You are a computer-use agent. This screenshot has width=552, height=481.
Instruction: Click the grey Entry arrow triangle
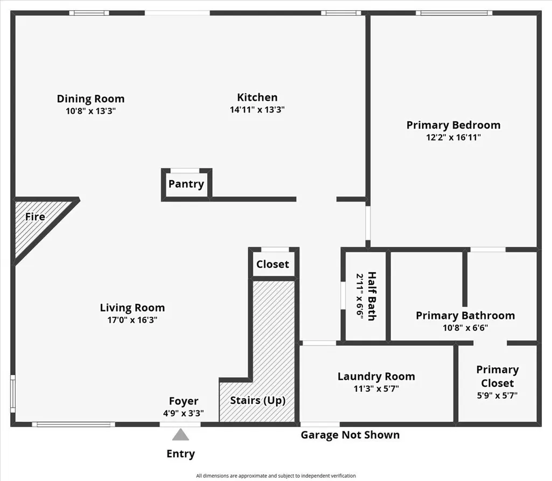180,435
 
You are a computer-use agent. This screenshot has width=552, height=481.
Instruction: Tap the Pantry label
186,184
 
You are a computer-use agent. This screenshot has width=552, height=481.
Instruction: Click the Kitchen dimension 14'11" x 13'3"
257,109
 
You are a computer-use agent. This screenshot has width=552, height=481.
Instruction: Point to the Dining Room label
91,99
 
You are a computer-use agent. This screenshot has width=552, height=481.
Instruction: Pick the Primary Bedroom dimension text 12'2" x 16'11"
453,137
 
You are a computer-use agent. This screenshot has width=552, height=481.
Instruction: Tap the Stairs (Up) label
258,400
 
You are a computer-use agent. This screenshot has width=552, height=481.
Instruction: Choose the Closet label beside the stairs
272,264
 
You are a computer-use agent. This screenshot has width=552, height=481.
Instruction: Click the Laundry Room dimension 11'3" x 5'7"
376,388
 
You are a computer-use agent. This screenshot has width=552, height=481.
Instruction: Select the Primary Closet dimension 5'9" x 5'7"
497,395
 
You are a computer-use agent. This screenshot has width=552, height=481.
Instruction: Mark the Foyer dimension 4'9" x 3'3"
184,413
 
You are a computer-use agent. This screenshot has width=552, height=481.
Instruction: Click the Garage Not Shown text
350,435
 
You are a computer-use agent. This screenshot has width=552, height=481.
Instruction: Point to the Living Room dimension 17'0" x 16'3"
132,320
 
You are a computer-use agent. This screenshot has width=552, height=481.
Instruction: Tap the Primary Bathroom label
465,316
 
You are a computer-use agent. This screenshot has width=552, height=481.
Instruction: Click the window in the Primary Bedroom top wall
454,13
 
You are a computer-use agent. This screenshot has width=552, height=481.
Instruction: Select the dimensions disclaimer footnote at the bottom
276,476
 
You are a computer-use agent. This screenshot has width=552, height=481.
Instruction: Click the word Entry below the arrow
180,454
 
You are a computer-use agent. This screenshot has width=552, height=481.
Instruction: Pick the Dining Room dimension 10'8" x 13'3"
91,111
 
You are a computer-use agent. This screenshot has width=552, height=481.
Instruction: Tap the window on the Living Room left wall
13,393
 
